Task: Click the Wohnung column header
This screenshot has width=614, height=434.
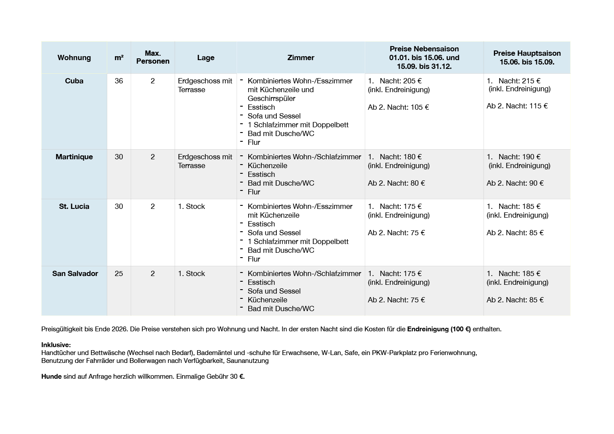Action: click(74, 57)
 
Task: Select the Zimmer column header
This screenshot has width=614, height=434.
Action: click(300, 57)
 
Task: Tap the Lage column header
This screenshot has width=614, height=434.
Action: click(206, 57)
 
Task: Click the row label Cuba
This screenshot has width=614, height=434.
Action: click(74, 81)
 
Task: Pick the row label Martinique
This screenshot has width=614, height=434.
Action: click(74, 157)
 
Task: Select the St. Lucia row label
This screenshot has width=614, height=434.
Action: click(74, 206)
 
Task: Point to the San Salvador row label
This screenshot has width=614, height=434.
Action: click(75, 273)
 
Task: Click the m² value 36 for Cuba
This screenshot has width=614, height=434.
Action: click(119, 81)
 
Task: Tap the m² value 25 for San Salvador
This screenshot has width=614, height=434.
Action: click(119, 273)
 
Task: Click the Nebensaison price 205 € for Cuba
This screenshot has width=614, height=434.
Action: click(412, 81)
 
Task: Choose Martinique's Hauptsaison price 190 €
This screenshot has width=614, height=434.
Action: click(532, 157)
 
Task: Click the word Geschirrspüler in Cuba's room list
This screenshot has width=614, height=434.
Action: click(271, 98)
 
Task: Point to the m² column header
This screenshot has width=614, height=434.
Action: click(119, 57)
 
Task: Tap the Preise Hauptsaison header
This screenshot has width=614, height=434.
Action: click(527, 57)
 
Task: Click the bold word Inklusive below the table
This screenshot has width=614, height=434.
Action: click(56, 345)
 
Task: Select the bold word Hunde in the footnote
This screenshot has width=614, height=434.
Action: click(51, 377)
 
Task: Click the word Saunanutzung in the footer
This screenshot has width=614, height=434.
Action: click(247, 361)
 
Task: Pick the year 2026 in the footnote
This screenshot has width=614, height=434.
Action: click(119, 329)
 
